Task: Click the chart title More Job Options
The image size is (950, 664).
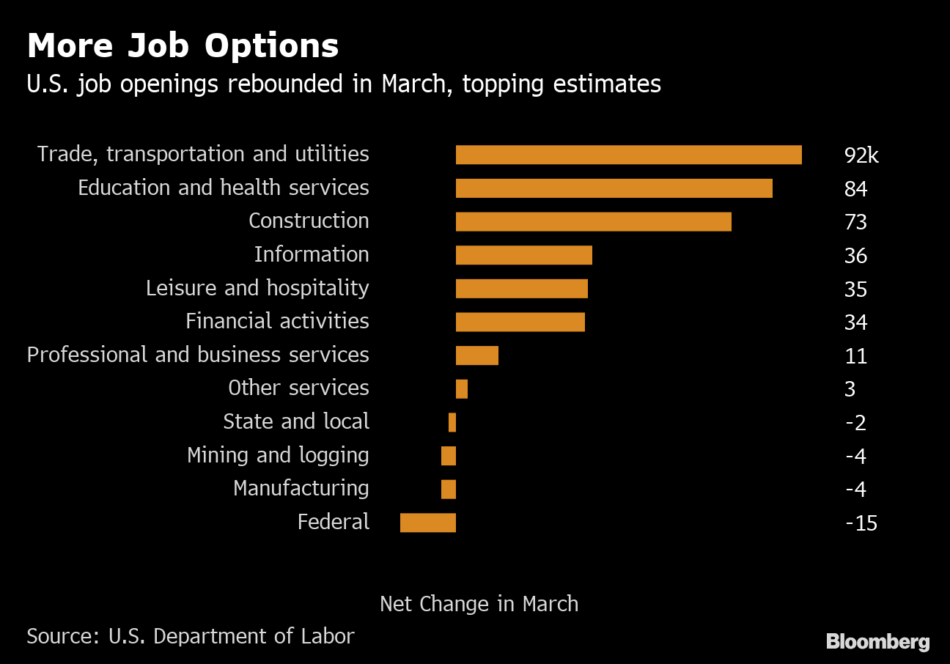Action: click(183, 46)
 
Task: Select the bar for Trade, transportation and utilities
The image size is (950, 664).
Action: click(628, 155)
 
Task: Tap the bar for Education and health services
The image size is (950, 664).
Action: click(614, 188)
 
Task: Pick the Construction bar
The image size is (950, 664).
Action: click(593, 221)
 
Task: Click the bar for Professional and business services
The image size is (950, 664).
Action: click(476, 355)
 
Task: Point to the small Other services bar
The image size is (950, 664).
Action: click(461, 388)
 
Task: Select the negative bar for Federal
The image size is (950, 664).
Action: click(427, 523)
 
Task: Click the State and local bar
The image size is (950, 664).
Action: click(452, 422)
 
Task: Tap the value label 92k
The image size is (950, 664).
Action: click(861, 155)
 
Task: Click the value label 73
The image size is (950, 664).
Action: click(855, 222)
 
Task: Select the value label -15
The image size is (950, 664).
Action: click(861, 523)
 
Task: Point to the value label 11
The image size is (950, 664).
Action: click(855, 356)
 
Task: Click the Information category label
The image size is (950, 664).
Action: click(312, 254)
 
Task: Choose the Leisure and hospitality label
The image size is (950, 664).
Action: click(257, 288)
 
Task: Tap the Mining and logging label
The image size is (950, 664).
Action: click(278, 455)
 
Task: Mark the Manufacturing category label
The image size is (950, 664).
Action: click(301, 488)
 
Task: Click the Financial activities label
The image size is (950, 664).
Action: click(277, 321)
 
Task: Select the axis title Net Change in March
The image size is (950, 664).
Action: click(479, 604)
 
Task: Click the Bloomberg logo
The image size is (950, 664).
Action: click(877, 642)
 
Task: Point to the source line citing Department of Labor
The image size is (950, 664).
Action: click(191, 636)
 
